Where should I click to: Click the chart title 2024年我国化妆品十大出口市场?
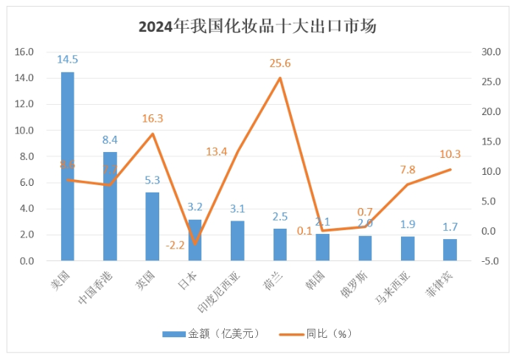coord(257,27)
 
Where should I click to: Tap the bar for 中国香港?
coord(110,207)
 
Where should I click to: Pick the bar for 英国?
coord(153,226)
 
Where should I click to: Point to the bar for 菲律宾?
coord(450,249)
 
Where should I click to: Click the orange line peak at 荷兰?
coord(280,78)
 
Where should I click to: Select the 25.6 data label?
coord(280,63)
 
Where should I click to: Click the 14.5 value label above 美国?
coord(67,59)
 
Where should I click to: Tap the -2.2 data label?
coord(175,226)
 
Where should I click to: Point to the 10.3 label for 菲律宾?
coord(450,154)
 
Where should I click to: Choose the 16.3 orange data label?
coord(153,118)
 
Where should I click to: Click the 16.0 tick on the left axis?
coord(25,52)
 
